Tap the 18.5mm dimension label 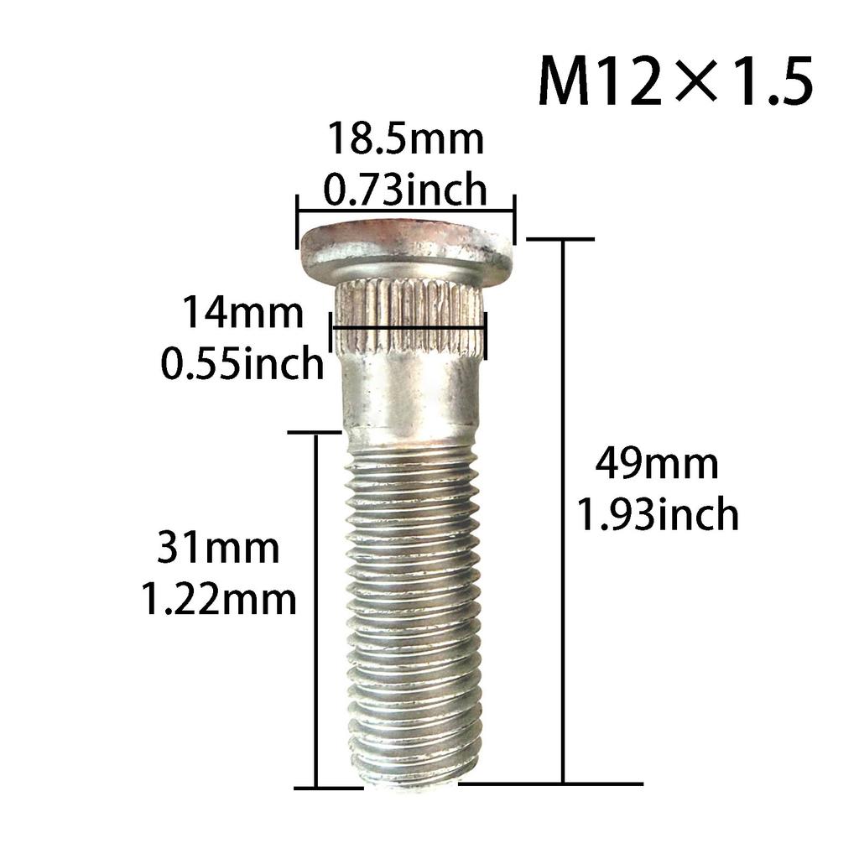405,139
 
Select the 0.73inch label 405,190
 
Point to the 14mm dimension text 244,314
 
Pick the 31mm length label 218,549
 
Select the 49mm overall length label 657,464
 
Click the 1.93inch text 658,514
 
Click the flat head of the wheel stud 407,247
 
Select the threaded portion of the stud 414,604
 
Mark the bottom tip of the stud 411,780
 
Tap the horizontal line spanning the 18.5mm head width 405,211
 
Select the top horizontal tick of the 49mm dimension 560,239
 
